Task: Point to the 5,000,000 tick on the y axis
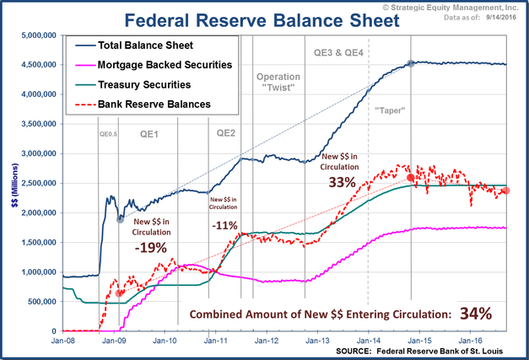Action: tap(38, 35)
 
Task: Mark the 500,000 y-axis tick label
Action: tap(40, 302)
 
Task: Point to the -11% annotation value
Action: tap(226, 226)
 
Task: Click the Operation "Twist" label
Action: tap(278, 83)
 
